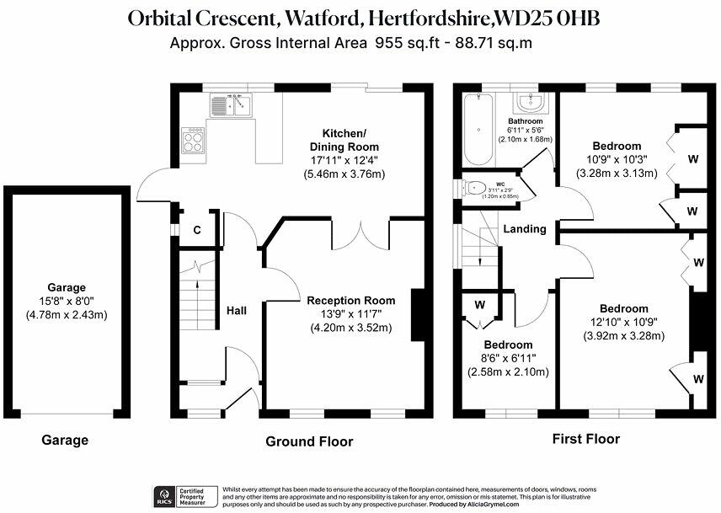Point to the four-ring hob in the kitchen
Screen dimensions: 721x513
(x=194, y=141)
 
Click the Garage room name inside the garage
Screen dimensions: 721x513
(x=67, y=287)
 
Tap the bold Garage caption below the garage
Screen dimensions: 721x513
(x=65, y=440)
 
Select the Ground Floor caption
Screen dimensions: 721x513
(x=309, y=441)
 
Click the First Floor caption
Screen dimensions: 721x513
(x=585, y=439)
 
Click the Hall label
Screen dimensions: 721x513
(x=237, y=311)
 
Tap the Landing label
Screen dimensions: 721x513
(x=525, y=228)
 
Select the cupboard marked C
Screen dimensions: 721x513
(x=197, y=230)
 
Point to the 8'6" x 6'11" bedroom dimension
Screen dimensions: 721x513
(x=508, y=359)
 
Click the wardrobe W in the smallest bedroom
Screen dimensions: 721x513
(x=479, y=305)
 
